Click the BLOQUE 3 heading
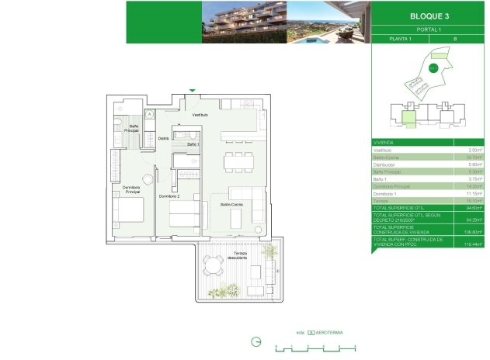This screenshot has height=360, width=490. click(x=429, y=16)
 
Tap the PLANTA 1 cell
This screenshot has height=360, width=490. click(x=401, y=38)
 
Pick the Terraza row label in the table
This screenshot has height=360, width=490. click(x=382, y=199)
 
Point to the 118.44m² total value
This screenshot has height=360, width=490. click(x=467, y=244)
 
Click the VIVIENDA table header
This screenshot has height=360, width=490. click(x=384, y=143)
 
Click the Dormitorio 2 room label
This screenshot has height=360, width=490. click(x=170, y=196)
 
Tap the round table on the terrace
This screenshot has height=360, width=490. click(x=213, y=265)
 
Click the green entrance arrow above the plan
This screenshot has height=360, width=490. click(x=192, y=91)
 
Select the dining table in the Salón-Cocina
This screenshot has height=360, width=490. click(x=239, y=161)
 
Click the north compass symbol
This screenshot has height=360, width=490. click(x=256, y=341)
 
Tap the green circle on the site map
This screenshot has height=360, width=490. click(x=434, y=67)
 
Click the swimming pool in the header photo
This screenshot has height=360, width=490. click(x=320, y=38)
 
